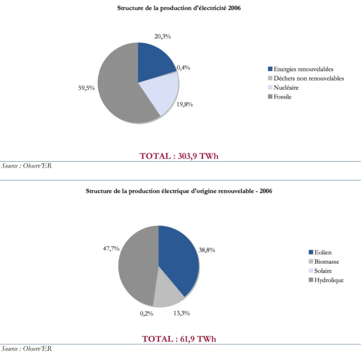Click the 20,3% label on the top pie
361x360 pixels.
(x=162, y=36)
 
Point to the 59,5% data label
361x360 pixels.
(x=86, y=88)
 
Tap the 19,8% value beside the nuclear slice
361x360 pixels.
(x=185, y=104)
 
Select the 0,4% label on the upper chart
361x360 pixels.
(x=184, y=68)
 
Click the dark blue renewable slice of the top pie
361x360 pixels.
(x=154, y=62)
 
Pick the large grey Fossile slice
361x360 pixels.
(x=118, y=87)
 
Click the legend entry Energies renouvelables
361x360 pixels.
(x=301, y=69)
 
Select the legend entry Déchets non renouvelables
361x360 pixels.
(x=306, y=78)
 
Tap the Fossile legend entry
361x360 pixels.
(x=280, y=97)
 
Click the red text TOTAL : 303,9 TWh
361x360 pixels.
(x=179, y=156)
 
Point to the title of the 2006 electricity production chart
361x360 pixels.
(x=179, y=8)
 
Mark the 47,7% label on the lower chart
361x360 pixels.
(x=111, y=249)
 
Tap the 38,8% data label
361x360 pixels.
(x=207, y=250)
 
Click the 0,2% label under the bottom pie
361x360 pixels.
(x=147, y=314)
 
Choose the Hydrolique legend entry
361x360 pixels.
(x=326, y=280)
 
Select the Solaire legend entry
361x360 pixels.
(x=320, y=271)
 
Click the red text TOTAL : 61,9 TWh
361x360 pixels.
(x=179, y=339)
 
